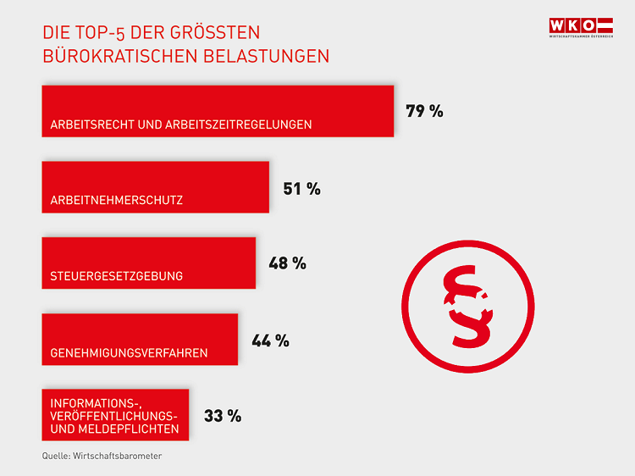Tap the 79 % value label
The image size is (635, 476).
click(x=424, y=111)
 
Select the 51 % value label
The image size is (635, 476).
click(x=301, y=189)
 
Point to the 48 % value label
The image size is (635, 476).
click(x=287, y=263)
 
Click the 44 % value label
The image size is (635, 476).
click(x=270, y=340)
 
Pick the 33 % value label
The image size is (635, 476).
click(x=223, y=416)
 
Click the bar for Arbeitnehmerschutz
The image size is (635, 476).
click(x=155, y=186)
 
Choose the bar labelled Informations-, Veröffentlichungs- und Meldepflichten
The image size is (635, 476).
click(x=115, y=415)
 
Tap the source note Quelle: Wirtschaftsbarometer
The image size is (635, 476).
click(x=102, y=456)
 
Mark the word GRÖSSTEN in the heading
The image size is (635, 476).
click(x=224, y=33)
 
